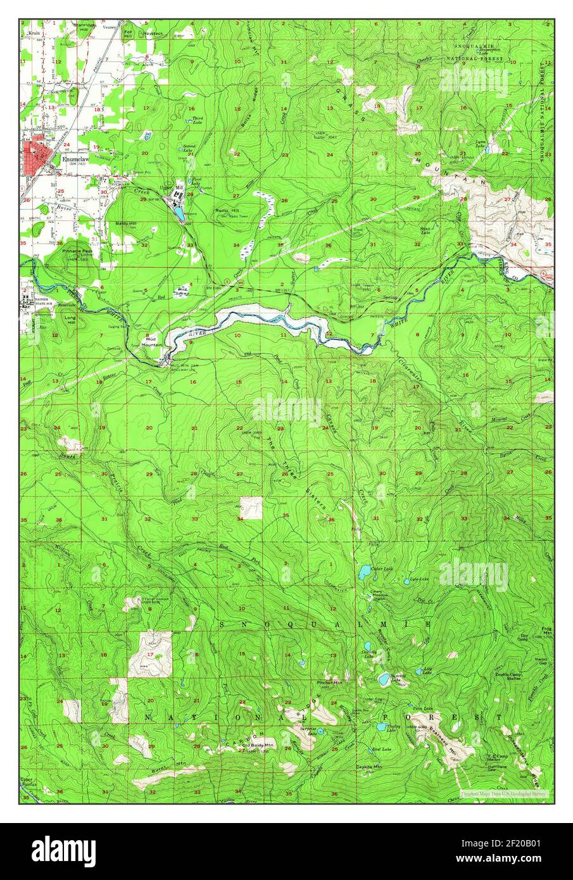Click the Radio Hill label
point(225,210)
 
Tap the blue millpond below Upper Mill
point(179,212)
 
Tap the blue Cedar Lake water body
point(364,573)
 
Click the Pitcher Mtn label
point(329,683)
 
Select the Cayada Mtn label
point(368,767)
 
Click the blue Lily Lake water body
point(419,670)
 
